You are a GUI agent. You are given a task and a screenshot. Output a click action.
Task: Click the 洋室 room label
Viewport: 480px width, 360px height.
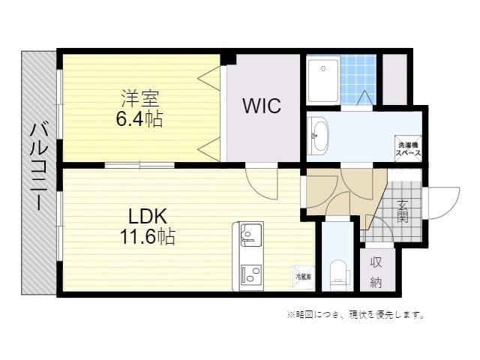coord(140,98)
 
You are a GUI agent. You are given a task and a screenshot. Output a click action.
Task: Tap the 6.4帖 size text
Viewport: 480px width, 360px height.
coord(140,118)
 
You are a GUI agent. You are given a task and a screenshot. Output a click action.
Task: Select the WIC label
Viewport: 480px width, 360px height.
coord(261,106)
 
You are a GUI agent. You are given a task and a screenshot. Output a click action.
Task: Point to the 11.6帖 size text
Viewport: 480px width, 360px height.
coord(147,237)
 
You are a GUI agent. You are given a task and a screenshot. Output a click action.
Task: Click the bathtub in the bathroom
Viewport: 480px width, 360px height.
coord(322,79)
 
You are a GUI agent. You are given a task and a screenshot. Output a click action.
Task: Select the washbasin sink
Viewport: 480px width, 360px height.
coord(319,136)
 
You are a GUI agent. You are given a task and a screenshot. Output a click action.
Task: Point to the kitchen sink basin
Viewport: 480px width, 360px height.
coord(248,236)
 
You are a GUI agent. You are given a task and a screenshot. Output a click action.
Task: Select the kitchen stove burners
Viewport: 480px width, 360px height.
coord(248,273)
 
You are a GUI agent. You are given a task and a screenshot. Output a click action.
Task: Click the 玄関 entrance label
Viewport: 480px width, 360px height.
coord(402,212)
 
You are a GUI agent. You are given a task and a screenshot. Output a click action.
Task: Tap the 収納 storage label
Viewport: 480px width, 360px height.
coord(376,272)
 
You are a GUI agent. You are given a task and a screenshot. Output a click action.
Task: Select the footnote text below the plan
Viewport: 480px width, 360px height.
coord(355,314)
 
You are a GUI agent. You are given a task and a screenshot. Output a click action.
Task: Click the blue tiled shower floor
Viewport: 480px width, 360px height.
coord(358,78)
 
